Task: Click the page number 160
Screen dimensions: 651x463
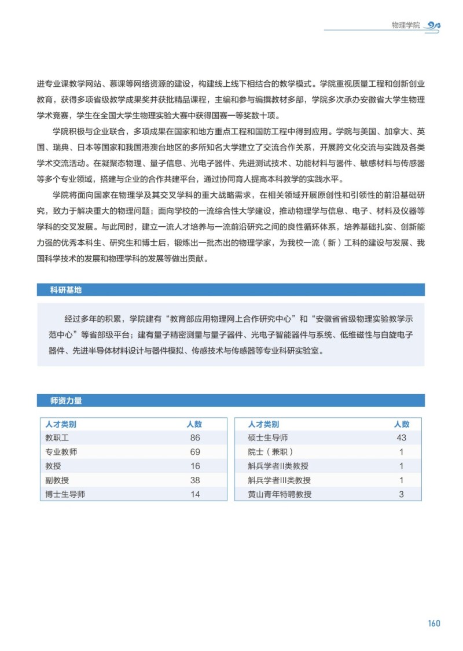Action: tap(434, 623)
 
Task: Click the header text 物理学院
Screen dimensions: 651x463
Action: tap(406, 25)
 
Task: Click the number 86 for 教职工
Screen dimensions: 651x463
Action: tap(194, 437)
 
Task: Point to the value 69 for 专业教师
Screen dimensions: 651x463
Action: tap(194, 451)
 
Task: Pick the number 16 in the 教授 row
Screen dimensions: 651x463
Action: tap(194, 466)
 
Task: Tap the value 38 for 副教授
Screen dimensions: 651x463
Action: tap(194, 480)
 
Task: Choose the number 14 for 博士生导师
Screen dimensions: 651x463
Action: tap(194, 494)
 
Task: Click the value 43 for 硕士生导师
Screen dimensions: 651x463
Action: tap(402, 437)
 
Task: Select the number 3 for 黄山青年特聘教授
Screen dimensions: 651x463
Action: tap(402, 494)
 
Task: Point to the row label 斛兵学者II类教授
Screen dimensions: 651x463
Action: tap(278, 466)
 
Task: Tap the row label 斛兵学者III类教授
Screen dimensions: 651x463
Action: tap(279, 480)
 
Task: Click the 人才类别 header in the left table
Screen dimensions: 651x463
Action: tap(61, 424)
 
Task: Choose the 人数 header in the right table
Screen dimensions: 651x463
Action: tap(402, 424)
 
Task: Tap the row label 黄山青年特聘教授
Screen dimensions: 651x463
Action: tap(280, 494)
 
